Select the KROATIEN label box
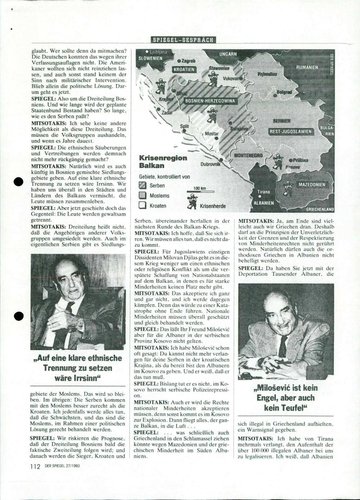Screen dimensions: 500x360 pos(184,69)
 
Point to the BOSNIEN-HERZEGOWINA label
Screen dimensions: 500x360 pos(210,101)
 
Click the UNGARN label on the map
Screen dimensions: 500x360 pos(228,54)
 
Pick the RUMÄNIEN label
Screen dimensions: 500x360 pos(307,67)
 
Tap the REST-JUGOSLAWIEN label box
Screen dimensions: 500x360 pos(291,132)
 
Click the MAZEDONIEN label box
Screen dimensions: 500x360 pos(311,185)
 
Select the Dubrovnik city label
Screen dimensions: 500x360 pos(210,164)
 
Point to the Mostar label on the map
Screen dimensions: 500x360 pos(212,134)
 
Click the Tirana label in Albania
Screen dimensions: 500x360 pos(264,192)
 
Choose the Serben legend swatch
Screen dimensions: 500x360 pos(143,186)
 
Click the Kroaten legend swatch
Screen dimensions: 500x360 pos(143,206)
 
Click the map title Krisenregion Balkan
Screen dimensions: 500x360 pos(163,162)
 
